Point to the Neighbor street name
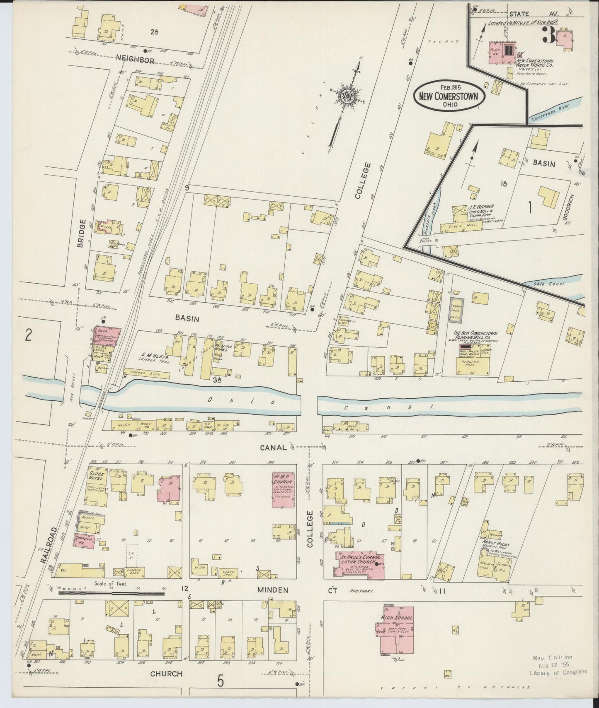pyautogui.click(x=135, y=60)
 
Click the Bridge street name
pyautogui.click(x=81, y=234)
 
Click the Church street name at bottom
pyautogui.click(x=166, y=674)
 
